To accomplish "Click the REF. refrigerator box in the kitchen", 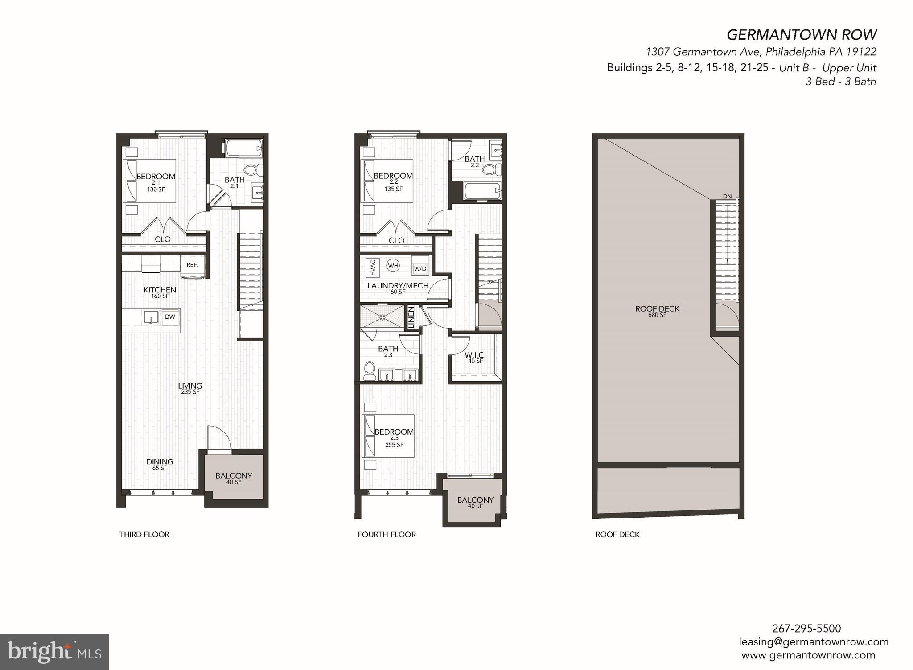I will coord(193,265).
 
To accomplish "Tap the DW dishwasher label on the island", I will coord(170,317).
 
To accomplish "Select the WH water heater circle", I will coord(393,266).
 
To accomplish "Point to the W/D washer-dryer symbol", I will coord(420,269).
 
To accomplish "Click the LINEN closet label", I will coord(411,316).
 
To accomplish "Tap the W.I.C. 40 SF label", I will coord(475,358).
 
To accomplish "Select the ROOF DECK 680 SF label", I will coord(657,311).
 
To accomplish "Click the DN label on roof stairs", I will coord(727,197).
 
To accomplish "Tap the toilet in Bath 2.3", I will coord(370,371).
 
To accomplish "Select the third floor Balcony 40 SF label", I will coord(234,478).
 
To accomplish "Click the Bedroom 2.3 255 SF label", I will coord(394,437).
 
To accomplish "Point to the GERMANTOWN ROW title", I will coord(802,34).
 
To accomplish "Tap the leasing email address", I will coord(814,642).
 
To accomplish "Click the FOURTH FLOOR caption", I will coord(387,534).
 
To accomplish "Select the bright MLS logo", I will coord(54,652).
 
